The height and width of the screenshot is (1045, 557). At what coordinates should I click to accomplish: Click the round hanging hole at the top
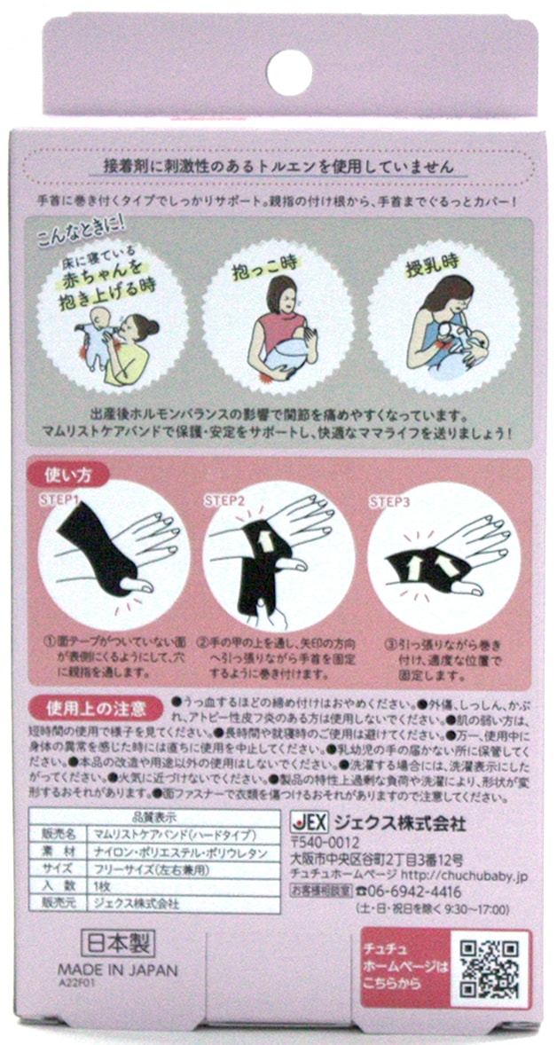289,72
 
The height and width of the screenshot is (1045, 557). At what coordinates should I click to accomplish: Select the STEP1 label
61,499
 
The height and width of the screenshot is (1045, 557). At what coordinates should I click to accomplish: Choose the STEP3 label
389,501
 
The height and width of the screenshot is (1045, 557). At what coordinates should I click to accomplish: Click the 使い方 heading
67,475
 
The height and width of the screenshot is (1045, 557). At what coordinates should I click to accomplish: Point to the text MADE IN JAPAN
118,970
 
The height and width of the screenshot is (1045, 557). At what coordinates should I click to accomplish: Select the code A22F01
72,982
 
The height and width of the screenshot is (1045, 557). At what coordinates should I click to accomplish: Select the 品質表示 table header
155,818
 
